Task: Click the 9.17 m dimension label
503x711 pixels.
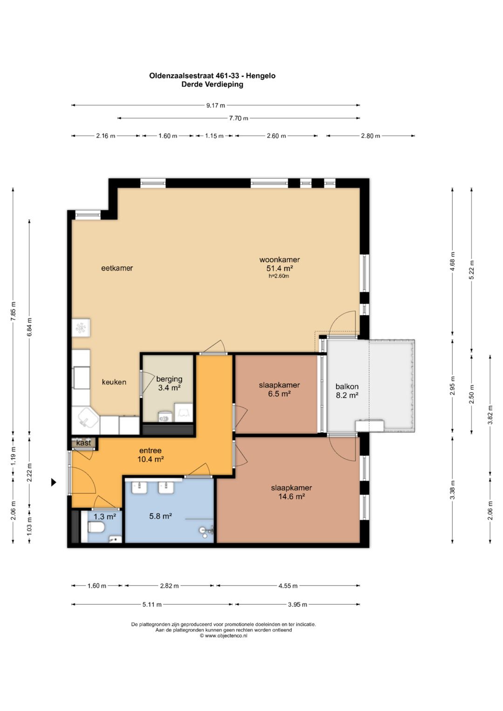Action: click(x=216, y=105)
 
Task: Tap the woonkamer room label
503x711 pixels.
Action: click(x=279, y=260)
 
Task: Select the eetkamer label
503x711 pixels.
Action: click(x=117, y=268)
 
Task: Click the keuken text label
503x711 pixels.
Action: click(x=114, y=382)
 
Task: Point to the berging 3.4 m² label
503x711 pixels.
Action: click(x=169, y=383)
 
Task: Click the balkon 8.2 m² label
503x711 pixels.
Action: click(x=347, y=391)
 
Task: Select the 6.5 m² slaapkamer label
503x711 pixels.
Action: click(x=279, y=389)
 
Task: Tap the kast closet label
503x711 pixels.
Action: click(x=83, y=443)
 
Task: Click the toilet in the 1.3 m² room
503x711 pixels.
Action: click(x=96, y=528)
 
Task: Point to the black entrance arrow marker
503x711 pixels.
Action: click(x=54, y=483)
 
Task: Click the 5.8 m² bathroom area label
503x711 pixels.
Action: click(x=161, y=516)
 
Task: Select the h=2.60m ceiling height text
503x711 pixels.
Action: click(x=279, y=276)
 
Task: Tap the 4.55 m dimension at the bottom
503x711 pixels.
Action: click(x=288, y=586)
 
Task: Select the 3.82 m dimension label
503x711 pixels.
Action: click(x=490, y=414)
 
